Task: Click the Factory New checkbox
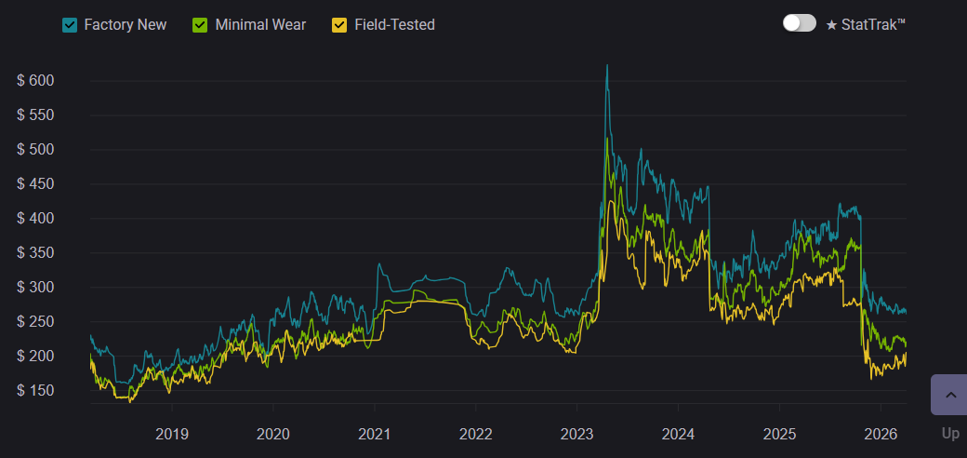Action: click(x=70, y=25)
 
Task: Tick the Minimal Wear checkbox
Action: click(x=201, y=25)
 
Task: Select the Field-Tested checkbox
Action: click(x=339, y=25)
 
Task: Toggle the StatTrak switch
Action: click(x=800, y=23)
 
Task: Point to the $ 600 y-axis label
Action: click(x=36, y=81)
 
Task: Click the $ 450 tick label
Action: click(x=36, y=184)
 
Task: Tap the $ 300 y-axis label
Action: click(x=36, y=288)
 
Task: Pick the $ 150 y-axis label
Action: click(x=36, y=391)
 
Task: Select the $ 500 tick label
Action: click(x=36, y=150)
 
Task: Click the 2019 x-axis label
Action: click(x=172, y=434)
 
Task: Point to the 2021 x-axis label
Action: click(x=374, y=434)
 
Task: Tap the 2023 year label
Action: click(x=576, y=434)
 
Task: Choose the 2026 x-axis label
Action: click(x=880, y=434)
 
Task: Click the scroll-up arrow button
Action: click(x=949, y=395)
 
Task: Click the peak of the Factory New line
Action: click(x=607, y=66)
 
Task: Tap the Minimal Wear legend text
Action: click(x=260, y=25)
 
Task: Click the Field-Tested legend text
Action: click(x=394, y=25)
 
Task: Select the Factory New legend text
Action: click(x=126, y=25)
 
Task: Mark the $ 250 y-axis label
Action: click(x=36, y=322)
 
